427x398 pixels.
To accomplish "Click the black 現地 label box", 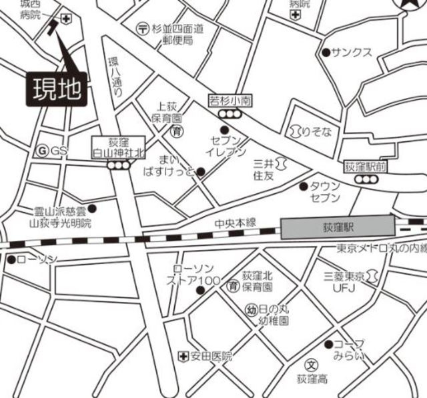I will coord(57,88).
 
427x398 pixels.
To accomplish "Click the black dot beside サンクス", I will coord(326,52).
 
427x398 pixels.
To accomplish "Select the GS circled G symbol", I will coord(43,151).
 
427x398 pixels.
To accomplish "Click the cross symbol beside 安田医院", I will coord(182,357).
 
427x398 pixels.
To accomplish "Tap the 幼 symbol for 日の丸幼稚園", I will coord(252,310).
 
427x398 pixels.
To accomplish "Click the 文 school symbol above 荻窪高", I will coord(311,365).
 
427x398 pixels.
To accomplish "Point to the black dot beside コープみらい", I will coord(328,344).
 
